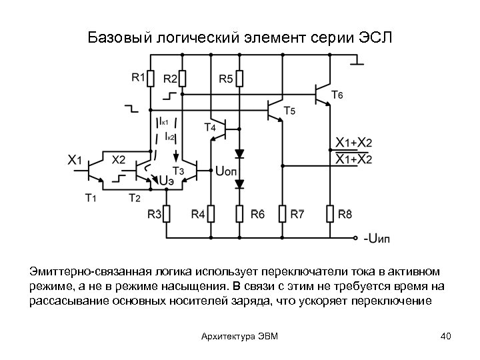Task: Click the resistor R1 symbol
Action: (151, 79)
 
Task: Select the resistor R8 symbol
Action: (329, 214)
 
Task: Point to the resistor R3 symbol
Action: (167, 214)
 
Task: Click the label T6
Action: (338, 95)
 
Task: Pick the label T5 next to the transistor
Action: (289, 111)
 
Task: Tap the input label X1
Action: (75, 160)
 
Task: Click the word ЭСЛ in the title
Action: (372, 37)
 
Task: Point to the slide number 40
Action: (446, 335)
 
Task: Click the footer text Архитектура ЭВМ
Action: (239, 335)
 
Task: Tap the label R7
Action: (297, 214)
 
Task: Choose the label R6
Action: (257, 214)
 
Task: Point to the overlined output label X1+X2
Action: (353, 159)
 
